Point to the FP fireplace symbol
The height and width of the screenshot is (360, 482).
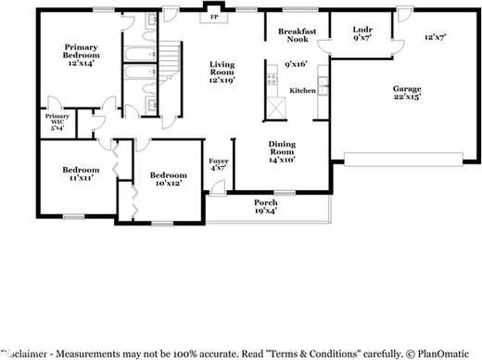pos(214,18)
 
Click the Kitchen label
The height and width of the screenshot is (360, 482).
pos(303,91)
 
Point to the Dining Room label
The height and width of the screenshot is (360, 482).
pos(282,151)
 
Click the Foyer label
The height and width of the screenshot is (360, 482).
pos(219,165)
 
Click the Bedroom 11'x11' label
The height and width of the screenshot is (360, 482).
pos(81,174)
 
